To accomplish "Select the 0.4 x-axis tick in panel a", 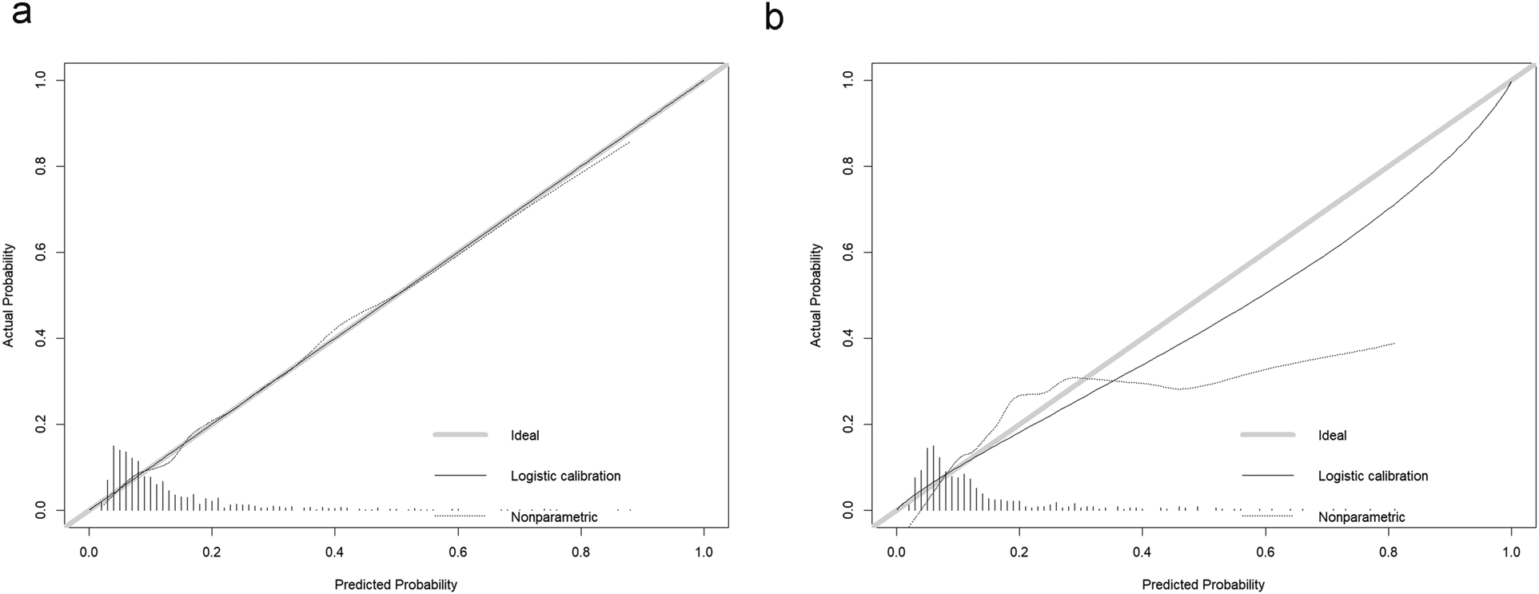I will (x=335, y=552).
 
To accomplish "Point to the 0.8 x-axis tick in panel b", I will (x=1388, y=552).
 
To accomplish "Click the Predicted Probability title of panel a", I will (x=396, y=584).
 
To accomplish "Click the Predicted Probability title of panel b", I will (x=1203, y=584).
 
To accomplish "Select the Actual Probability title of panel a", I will (x=9, y=296).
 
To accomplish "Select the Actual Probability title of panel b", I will (x=816, y=296).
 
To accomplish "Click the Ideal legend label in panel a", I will (x=524, y=436).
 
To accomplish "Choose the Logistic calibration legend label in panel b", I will (x=1373, y=476).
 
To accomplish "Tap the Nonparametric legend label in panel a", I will (x=554, y=517).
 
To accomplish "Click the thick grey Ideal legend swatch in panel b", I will (x=1267, y=435).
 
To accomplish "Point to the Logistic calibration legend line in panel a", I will (x=460, y=476).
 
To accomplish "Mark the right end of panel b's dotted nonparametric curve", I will (x=1394, y=343).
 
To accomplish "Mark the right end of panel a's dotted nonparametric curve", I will (x=629, y=142).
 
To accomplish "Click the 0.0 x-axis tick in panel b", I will (x=897, y=552).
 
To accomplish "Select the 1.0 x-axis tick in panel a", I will (x=704, y=552).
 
